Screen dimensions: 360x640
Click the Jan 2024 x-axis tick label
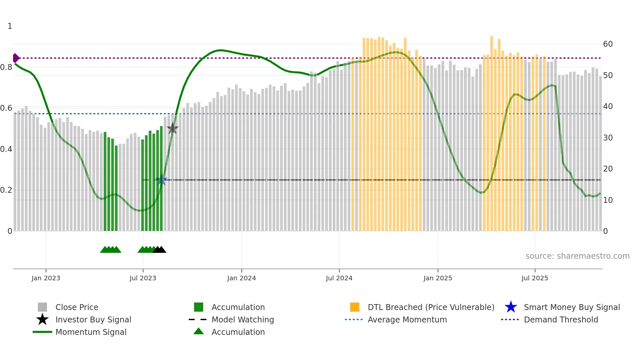[x=241, y=278]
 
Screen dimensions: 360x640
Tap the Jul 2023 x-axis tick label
[x=143, y=278]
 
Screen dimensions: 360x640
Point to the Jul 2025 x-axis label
[x=535, y=278]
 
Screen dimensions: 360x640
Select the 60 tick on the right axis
[x=608, y=44]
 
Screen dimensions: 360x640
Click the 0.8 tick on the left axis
[x=6, y=67]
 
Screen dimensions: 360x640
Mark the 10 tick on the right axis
[x=608, y=200]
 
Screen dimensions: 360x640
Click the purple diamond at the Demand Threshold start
[x=16, y=58]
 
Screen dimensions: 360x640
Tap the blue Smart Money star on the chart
[x=161, y=180]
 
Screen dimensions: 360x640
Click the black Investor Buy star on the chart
[x=172, y=129]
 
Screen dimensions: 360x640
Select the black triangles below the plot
[x=159, y=250]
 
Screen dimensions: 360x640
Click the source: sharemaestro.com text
[x=577, y=256]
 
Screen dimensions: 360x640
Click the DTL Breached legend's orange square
[x=355, y=307]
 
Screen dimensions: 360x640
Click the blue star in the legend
[x=511, y=307]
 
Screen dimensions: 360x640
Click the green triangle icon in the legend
[x=199, y=331]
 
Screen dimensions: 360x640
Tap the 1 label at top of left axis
[x=10, y=26]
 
